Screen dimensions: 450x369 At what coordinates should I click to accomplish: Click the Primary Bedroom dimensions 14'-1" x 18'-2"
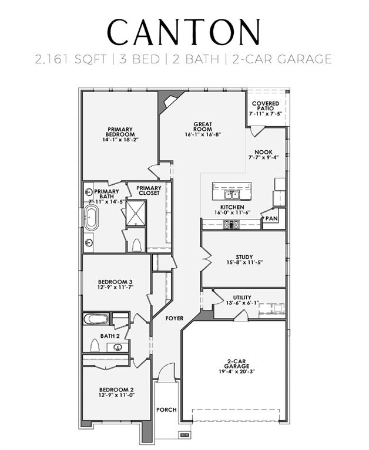click(120, 140)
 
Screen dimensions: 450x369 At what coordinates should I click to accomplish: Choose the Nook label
click(263, 152)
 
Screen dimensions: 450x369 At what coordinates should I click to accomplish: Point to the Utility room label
click(242, 297)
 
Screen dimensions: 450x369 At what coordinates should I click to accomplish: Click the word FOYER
click(174, 319)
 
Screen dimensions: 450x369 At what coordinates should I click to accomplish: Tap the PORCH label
click(166, 410)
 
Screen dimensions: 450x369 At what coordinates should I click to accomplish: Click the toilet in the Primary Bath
click(135, 245)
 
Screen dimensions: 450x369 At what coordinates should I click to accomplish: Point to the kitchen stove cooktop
click(229, 224)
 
